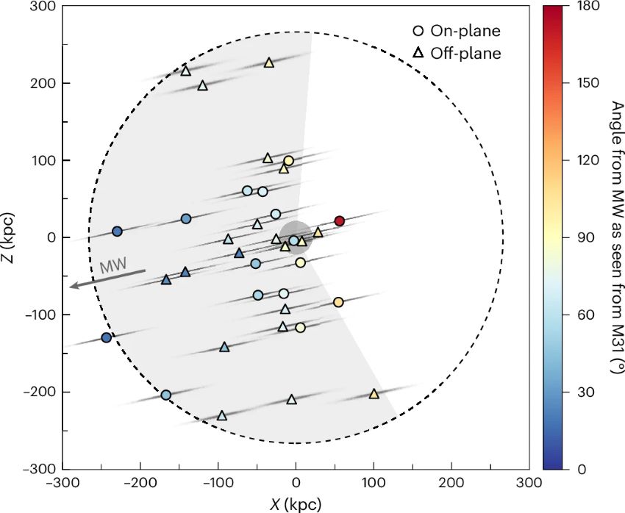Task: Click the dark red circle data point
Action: tap(339, 221)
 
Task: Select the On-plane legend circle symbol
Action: tap(418, 32)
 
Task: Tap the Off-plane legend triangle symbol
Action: tap(418, 53)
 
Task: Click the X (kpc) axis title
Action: tap(296, 503)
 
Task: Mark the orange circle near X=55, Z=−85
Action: tap(338, 302)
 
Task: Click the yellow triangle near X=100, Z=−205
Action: tap(374, 395)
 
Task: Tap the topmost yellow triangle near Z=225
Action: tap(269, 63)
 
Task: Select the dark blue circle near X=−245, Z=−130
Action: tap(106, 337)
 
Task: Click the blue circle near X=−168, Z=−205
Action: tap(165, 395)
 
